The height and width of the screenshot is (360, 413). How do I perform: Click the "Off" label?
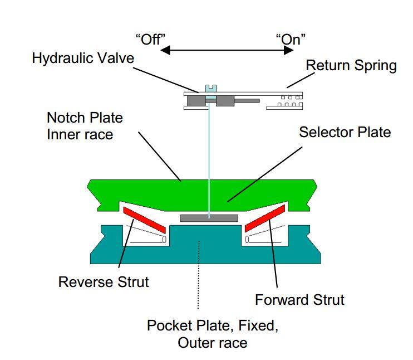pyautogui.click(x=150, y=40)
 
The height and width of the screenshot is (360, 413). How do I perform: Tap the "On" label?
pyautogui.click(x=291, y=40)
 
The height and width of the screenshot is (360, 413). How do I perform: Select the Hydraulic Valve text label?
pyautogui.click(x=83, y=58)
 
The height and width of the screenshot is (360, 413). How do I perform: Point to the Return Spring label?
pyautogui.click(x=351, y=65)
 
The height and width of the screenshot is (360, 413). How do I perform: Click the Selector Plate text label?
pyautogui.click(x=345, y=132)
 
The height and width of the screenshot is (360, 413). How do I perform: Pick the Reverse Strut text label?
pyautogui.click(x=104, y=281)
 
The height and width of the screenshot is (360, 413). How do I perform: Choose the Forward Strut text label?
pyautogui.click(x=300, y=300)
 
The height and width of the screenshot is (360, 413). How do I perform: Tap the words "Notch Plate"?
pyautogui.click(x=85, y=118)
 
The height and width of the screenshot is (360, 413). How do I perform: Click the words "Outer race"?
pyautogui.click(x=213, y=343)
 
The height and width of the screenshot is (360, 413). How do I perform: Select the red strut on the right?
pyautogui.click(x=265, y=218)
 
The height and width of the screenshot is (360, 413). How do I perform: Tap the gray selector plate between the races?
pyautogui.click(x=209, y=218)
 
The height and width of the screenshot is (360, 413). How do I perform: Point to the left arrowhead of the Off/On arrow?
pyautogui.click(x=165, y=50)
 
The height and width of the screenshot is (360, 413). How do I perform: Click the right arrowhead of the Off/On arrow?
pyautogui.click(x=288, y=50)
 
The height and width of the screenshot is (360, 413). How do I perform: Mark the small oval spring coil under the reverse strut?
pyautogui.click(x=164, y=239)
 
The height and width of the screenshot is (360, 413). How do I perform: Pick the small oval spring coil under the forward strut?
pyautogui.click(x=247, y=239)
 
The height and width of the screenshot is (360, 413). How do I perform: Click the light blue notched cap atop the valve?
pyautogui.click(x=211, y=89)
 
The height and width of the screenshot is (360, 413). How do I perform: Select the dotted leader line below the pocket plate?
pyautogui.click(x=199, y=274)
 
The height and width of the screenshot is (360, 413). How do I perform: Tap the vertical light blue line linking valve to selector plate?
pyautogui.click(x=209, y=161)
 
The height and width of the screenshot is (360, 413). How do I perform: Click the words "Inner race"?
pyautogui.click(x=80, y=134)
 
